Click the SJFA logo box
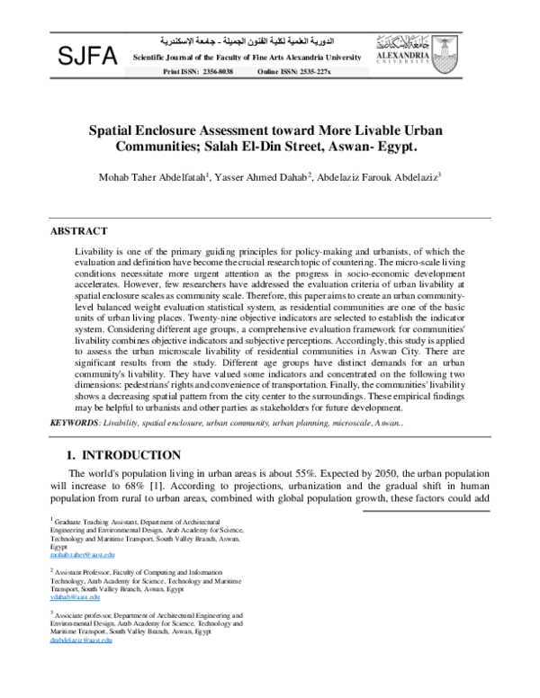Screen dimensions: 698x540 pyautogui.click(x=87, y=57)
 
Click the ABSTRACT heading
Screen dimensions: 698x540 pyautogui.click(x=78, y=231)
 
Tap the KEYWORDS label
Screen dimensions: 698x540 pyautogui.click(x=76, y=421)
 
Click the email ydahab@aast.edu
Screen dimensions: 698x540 pyautogui.click(x=75, y=596)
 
